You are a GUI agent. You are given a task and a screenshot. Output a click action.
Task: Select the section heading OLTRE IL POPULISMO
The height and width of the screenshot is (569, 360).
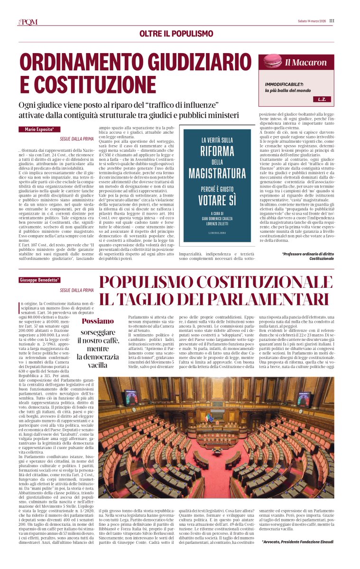(176, 34)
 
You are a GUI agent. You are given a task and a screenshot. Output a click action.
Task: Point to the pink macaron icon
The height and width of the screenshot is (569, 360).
(272, 62)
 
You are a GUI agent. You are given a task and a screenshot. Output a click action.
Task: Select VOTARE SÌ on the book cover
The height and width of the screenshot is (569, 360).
(217, 200)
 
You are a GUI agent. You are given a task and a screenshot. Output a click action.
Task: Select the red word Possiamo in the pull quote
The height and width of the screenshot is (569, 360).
(98, 321)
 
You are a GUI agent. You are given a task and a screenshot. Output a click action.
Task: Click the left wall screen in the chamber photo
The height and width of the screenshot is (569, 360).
(130, 397)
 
